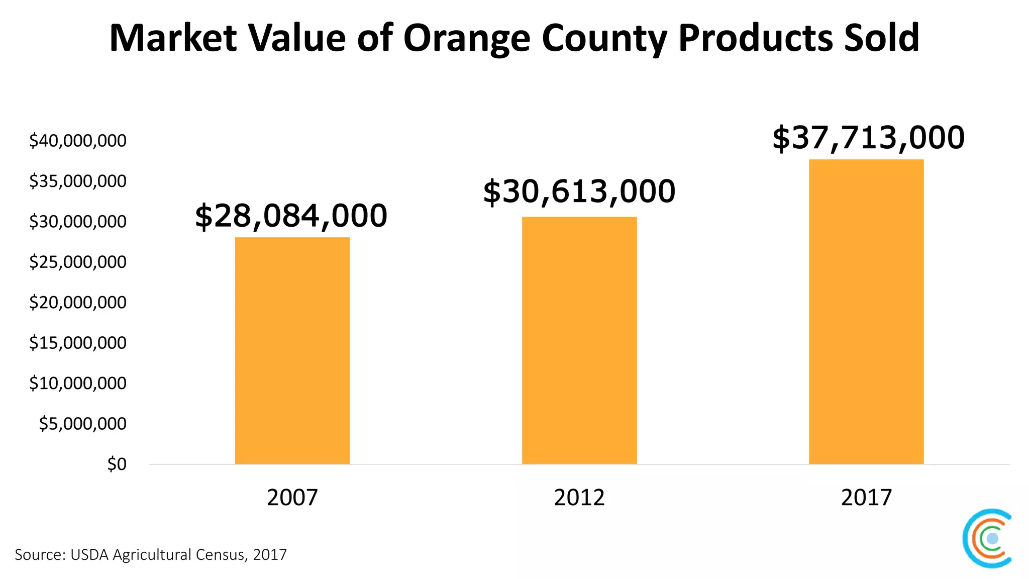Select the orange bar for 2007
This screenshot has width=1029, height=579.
point(292,350)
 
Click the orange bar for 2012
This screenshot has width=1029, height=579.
point(579,340)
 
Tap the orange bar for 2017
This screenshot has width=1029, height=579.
point(866,312)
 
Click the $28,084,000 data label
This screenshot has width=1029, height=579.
point(291,216)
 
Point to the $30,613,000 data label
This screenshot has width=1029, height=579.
point(579,191)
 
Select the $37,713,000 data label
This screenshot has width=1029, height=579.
point(868,138)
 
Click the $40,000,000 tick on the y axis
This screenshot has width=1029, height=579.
point(78,141)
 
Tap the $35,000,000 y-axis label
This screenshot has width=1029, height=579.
point(78,181)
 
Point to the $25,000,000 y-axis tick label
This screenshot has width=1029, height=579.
point(78,262)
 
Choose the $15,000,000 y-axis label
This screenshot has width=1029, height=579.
point(78,343)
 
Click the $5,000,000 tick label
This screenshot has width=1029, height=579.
point(83,424)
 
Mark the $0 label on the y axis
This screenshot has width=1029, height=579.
point(117,464)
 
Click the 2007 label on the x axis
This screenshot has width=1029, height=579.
point(292,498)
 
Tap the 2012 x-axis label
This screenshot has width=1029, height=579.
point(579,498)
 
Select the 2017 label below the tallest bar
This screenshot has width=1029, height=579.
point(866,498)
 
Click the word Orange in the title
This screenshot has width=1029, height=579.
point(466,39)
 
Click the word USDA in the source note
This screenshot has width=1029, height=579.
point(90,555)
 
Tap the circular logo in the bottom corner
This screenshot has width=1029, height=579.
point(987,538)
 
